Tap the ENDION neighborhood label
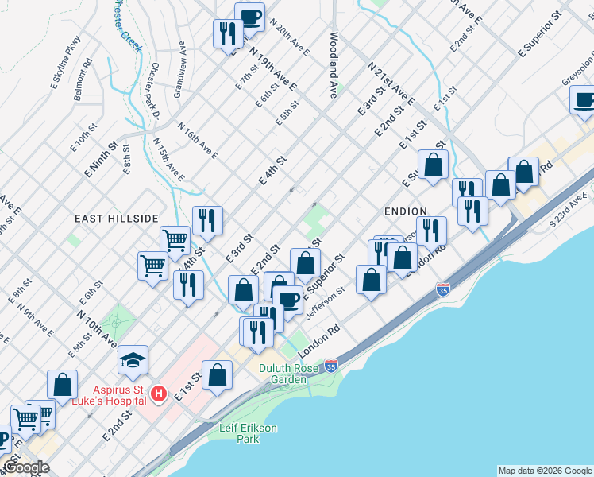pyautogui.click(x=407, y=211)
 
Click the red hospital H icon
pyautogui.click(x=159, y=394)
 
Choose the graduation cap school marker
pyautogui.click(x=133, y=359)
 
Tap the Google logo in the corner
pyautogui.click(x=26, y=467)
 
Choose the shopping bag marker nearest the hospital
pyautogui.click(x=217, y=375)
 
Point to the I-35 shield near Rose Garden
pyautogui.click(x=331, y=366)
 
